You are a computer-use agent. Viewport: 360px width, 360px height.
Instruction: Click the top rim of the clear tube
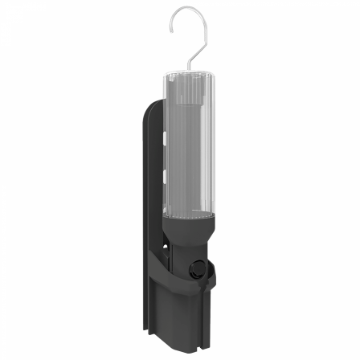[x=191, y=74]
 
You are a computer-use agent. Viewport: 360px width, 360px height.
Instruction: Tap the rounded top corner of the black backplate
[x=152, y=104]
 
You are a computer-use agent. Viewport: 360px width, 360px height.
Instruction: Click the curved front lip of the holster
[x=181, y=278]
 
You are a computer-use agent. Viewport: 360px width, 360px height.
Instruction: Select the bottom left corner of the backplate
[x=145, y=331]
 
